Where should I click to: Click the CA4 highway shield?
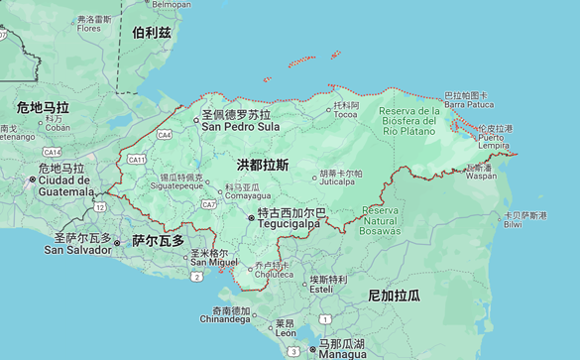click(164, 134)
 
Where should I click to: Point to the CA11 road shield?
click(137, 159)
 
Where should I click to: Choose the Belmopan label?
click(170, 5)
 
